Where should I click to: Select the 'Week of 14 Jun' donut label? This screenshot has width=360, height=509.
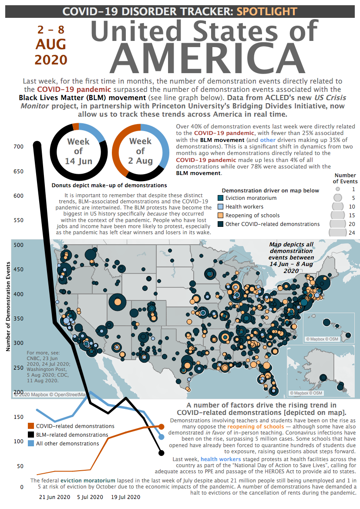tap(78, 151)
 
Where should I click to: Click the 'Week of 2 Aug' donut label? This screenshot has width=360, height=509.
tap(140, 151)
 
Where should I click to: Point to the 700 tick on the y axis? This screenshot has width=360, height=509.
tap(18, 147)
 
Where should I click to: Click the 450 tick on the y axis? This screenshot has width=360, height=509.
tap(18, 269)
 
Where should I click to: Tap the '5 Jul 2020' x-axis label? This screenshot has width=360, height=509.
tap(90, 497)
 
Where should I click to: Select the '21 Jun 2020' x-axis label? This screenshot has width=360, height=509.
tap(54, 497)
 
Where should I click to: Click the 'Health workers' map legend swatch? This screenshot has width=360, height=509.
tap(221, 207)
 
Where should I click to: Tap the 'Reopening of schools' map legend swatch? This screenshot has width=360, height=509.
tap(221, 216)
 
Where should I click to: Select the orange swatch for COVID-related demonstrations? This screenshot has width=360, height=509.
tap(31, 426)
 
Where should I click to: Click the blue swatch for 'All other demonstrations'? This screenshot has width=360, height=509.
tap(31, 443)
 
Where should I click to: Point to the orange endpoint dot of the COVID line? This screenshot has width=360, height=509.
tap(161, 427)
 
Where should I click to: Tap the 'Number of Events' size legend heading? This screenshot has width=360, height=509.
tap(346, 178)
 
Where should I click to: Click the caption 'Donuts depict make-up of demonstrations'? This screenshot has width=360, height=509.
tap(103, 185)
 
